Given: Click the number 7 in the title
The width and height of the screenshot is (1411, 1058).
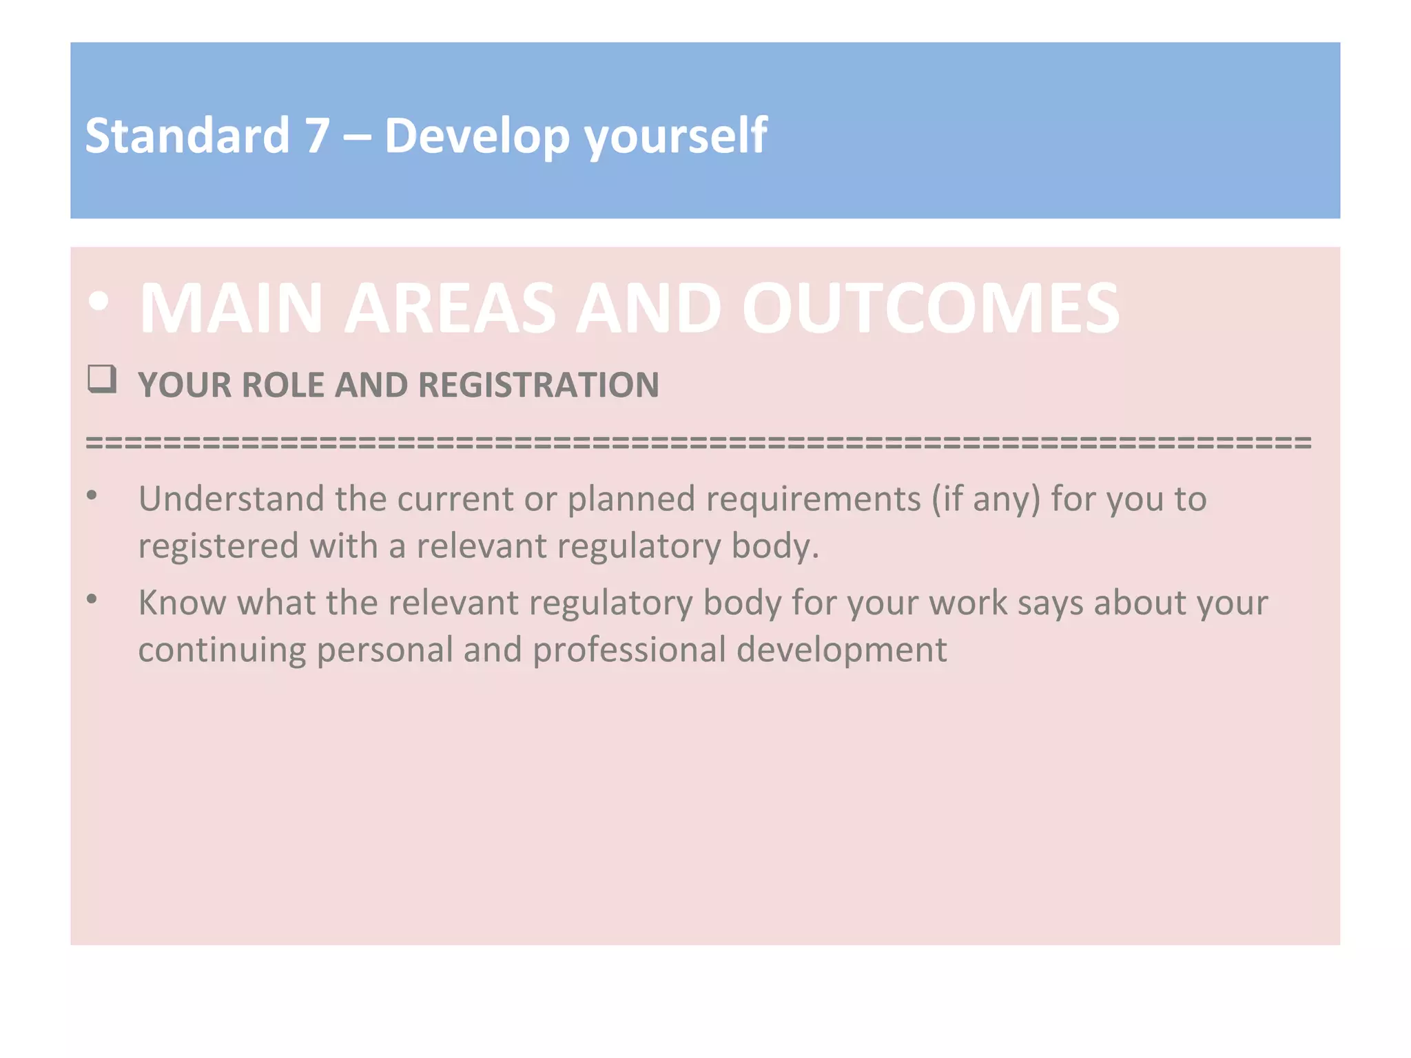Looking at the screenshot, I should [317, 136].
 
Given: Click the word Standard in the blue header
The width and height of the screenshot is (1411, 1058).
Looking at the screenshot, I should [187, 136].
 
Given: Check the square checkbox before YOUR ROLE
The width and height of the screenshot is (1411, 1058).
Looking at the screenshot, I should [102, 380].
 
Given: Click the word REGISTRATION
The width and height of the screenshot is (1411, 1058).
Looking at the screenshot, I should [538, 385].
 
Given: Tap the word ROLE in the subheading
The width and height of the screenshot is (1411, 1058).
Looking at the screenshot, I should [282, 385].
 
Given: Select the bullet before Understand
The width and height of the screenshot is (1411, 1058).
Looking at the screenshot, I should [92, 496].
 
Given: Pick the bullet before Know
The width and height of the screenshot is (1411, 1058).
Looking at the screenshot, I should [92, 600].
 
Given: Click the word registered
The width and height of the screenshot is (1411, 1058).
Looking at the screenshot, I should [218, 546].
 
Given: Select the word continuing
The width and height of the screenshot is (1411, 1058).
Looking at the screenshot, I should [222, 650].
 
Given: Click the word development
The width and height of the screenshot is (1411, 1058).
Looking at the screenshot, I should [841, 650].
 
